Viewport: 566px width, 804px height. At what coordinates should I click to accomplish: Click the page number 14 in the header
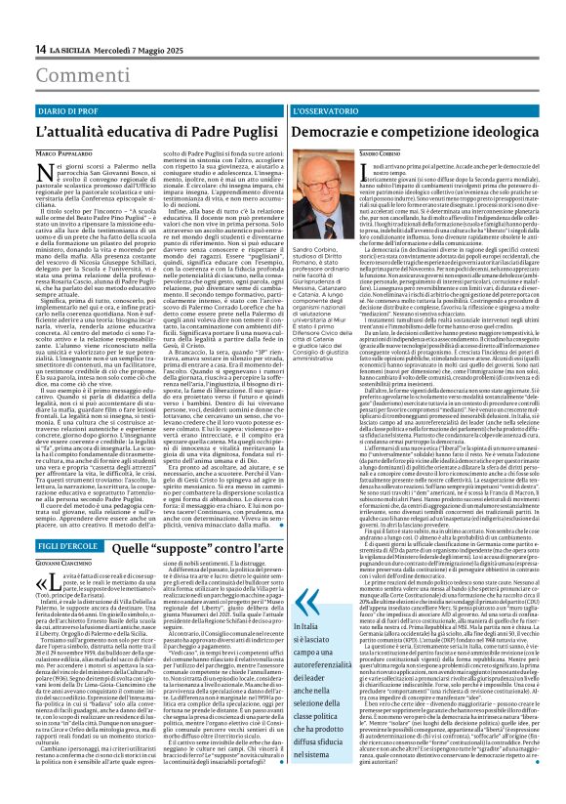(x=41, y=49)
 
